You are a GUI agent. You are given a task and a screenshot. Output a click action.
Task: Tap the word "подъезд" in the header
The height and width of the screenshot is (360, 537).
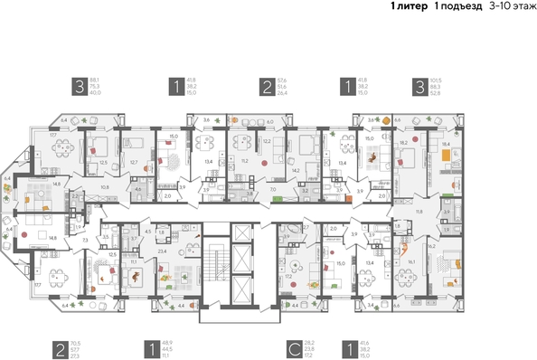[455, 6]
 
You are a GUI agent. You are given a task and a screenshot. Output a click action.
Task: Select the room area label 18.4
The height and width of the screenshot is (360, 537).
[445, 144]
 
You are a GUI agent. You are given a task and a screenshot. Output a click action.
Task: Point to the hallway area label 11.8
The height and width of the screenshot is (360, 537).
[418, 210]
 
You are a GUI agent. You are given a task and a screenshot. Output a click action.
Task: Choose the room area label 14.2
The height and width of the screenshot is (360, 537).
[295, 168]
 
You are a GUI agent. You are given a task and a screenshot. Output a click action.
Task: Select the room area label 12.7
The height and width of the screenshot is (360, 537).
[133, 162]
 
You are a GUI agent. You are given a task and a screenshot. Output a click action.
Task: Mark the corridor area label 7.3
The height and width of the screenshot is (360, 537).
[84, 241]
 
